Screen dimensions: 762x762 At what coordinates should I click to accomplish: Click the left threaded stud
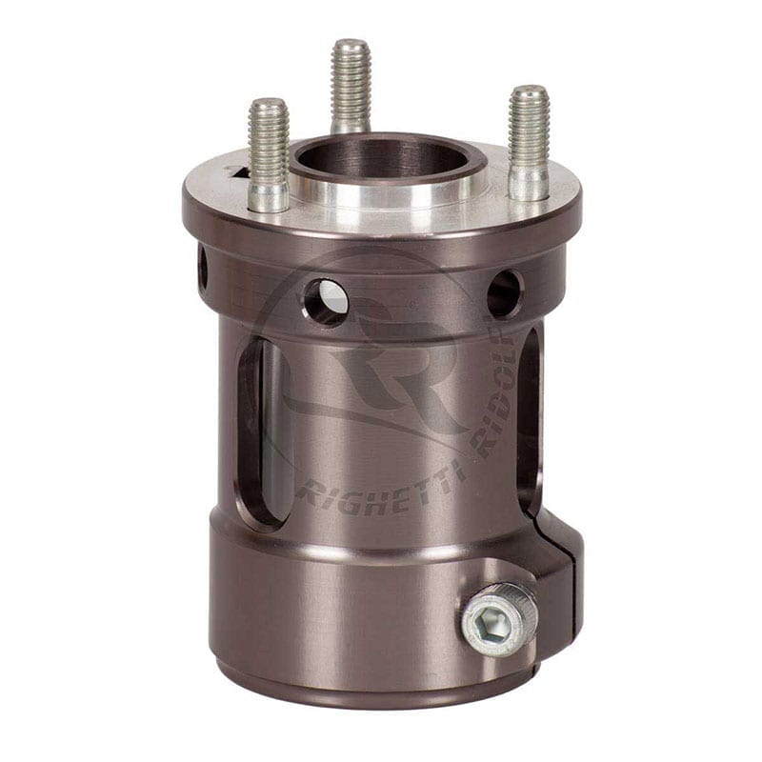tap(269, 138)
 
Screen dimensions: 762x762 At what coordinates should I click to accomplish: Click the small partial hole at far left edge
tap(202, 269)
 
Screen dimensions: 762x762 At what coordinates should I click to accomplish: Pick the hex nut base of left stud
tap(269, 197)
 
